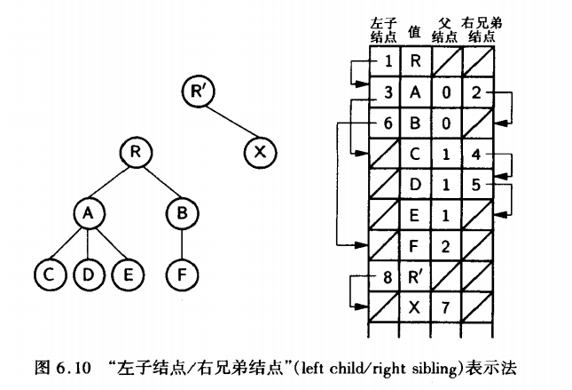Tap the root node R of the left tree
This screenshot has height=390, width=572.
[x=135, y=152]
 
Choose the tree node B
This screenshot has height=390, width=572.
[x=182, y=212]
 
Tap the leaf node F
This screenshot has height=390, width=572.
[x=182, y=273]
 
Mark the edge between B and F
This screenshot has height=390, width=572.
[x=182, y=243]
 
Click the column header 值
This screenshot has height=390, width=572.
[x=413, y=32]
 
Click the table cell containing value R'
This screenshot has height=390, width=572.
[x=415, y=276]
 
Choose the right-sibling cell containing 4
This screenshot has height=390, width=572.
[x=477, y=154]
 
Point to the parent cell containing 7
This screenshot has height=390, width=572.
[x=447, y=307]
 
